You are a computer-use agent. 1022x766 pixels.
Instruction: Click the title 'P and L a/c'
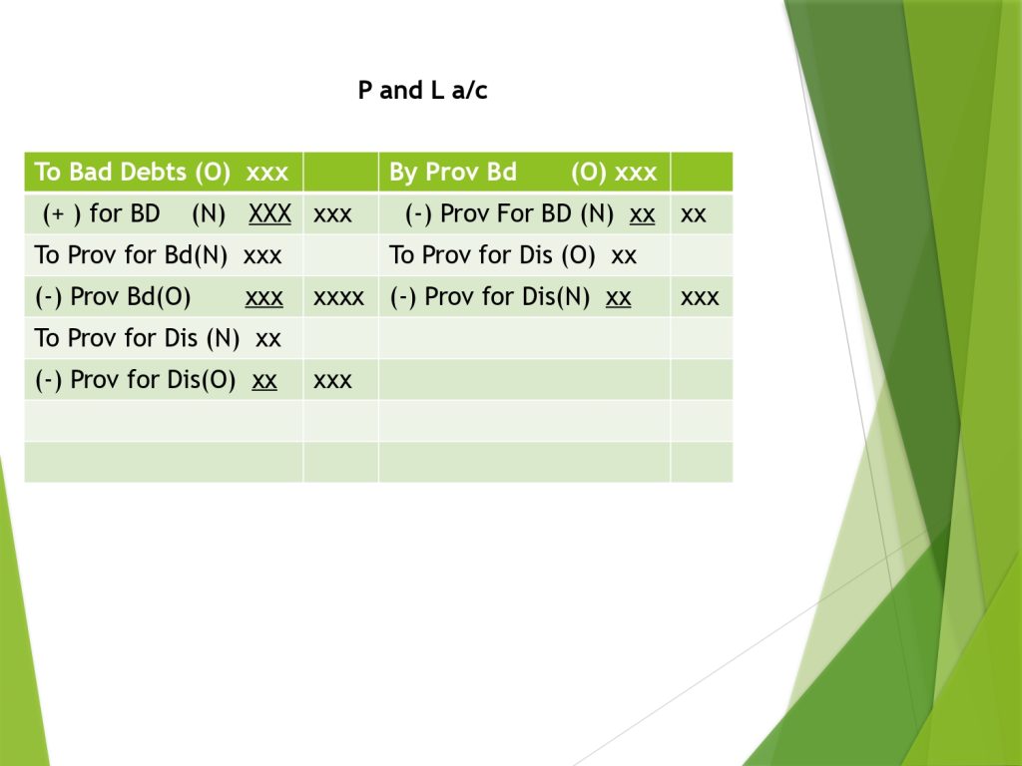422,90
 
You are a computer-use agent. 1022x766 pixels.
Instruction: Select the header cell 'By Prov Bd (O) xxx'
523,172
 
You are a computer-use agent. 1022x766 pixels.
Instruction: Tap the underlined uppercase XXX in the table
269,213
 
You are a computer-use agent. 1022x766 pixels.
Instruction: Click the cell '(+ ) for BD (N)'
134,213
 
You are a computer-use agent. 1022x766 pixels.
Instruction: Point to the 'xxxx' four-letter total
338,297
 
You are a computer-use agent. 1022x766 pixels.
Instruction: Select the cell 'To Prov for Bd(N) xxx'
158,254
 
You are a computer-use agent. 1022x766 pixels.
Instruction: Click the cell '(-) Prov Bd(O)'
113,296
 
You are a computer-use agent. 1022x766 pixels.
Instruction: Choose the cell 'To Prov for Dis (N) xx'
158,338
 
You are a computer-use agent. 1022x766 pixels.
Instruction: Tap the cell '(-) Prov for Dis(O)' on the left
136,380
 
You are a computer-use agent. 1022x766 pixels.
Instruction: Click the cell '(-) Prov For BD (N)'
509,213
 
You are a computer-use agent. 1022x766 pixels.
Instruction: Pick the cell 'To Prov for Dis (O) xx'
512,254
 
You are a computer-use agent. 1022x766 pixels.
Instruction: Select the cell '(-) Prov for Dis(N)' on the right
489,296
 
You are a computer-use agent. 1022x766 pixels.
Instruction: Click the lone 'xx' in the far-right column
693,214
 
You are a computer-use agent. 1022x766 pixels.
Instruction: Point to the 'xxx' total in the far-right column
700,297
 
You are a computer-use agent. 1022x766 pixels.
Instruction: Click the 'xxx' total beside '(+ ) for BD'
332,214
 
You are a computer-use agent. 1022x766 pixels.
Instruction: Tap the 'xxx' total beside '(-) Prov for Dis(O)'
332,380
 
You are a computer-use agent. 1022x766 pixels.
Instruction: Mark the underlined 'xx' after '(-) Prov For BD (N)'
642,214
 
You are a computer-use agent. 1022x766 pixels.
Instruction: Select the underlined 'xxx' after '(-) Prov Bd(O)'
263,297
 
